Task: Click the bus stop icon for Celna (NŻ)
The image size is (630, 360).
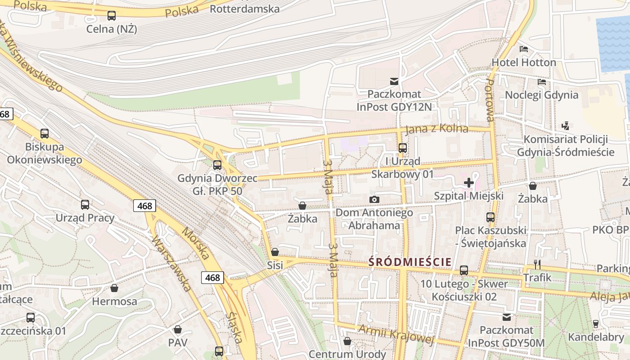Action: click(x=111, y=16)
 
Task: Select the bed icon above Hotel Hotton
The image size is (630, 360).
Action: click(x=523, y=49)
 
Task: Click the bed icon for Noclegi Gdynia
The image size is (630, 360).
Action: click(x=542, y=82)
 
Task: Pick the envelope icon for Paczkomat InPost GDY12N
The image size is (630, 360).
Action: click(x=394, y=81)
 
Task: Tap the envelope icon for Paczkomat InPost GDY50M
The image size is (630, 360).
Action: click(x=507, y=317)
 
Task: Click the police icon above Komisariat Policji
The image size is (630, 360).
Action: click(x=566, y=126)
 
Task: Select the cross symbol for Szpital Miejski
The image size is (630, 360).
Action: click(x=468, y=182)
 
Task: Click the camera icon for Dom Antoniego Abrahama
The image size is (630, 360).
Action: click(x=374, y=199)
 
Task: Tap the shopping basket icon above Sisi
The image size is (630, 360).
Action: click(x=274, y=252)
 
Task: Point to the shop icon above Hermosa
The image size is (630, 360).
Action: click(x=114, y=288)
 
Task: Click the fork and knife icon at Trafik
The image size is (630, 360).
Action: click(x=537, y=264)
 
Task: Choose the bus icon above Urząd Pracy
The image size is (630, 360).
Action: click(x=85, y=205)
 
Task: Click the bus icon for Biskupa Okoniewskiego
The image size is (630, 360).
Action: click(x=44, y=133)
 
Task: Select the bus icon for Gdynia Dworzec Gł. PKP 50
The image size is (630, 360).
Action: click(x=217, y=165)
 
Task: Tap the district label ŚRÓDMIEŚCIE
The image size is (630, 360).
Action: click(x=410, y=262)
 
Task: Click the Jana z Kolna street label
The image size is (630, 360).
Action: click(x=436, y=129)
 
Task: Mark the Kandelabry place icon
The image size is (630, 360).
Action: click(x=596, y=324)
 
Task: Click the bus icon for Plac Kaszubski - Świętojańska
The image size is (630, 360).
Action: click(x=490, y=217)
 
